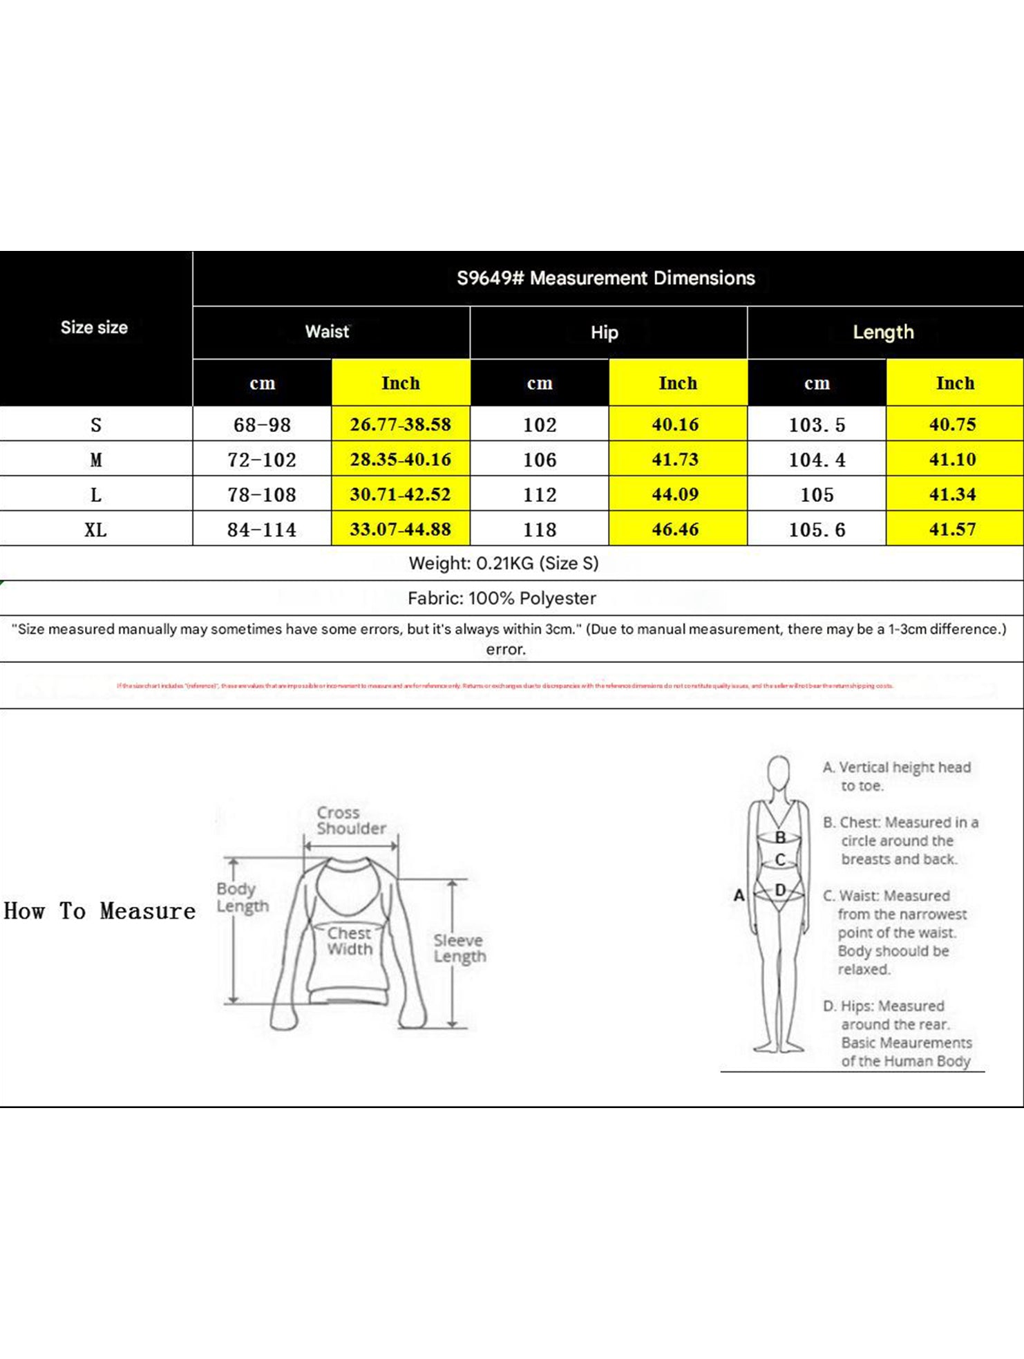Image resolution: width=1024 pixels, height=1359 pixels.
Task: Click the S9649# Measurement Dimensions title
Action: pyautogui.click(x=605, y=278)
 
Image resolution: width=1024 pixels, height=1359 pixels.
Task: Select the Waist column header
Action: pyautogui.click(x=328, y=332)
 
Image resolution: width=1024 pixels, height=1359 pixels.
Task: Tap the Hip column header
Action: pyautogui.click(x=605, y=332)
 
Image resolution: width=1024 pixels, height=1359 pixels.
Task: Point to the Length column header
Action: pyautogui.click(x=883, y=332)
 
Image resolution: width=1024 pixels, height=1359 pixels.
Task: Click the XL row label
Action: pyautogui.click(x=95, y=529)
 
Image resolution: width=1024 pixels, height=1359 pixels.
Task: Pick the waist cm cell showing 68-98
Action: pyautogui.click(x=262, y=424)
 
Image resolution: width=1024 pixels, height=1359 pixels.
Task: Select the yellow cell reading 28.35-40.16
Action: pyautogui.click(x=400, y=460)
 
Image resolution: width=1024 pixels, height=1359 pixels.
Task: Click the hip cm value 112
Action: pyautogui.click(x=540, y=495)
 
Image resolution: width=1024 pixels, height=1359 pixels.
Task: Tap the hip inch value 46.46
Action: pyautogui.click(x=675, y=529)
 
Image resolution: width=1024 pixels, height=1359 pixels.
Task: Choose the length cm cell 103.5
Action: pyautogui.click(x=817, y=424)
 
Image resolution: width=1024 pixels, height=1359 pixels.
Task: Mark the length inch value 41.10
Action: pyautogui.click(x=952, y=460)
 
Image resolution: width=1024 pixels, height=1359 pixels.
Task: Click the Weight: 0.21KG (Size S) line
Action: pyautogui.click(x=504, y=563)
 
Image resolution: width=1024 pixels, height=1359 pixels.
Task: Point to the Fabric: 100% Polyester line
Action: pyautogui.click(x=502, y=598)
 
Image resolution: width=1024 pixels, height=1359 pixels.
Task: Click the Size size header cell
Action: pyautogui.click(x=94, y=328)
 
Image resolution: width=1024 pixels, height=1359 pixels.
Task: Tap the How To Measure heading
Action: pyautogui.click(x=99, y=911)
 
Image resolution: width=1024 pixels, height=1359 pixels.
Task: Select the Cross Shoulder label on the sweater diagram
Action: pyautogui.click(x=351, y=821)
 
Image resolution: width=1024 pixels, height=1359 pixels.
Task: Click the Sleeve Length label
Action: pyautogui.click(x=459, y=948)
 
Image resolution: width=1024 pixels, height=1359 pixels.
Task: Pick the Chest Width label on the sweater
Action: pyautogui.click(x=350, y=941)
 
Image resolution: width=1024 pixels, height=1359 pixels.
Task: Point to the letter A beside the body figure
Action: pyautogui.click(x=739, y=896)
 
